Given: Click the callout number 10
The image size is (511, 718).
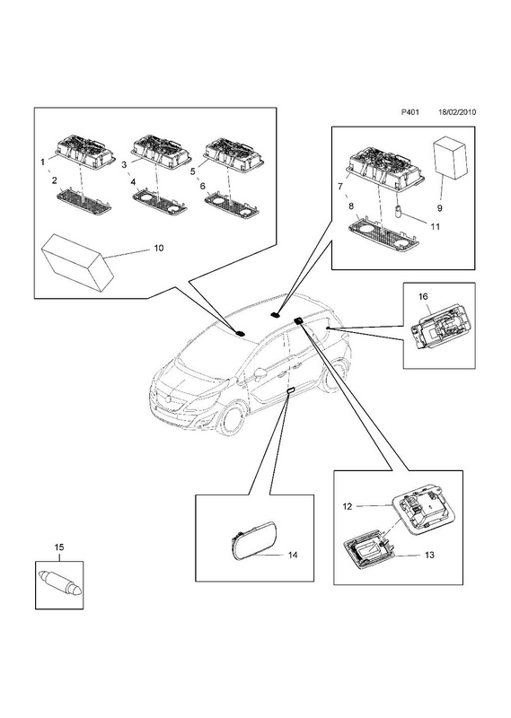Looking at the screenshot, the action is [158, 248].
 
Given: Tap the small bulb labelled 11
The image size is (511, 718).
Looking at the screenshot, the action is [397, 213].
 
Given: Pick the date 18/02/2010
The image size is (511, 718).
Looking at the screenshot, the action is [457, 111].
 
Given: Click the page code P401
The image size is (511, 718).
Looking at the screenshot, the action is [410, 111].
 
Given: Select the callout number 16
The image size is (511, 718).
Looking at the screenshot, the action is [423, 296].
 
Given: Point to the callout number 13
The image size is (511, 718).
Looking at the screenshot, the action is [429, 555].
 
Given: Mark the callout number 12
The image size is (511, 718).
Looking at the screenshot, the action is [347, 506].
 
